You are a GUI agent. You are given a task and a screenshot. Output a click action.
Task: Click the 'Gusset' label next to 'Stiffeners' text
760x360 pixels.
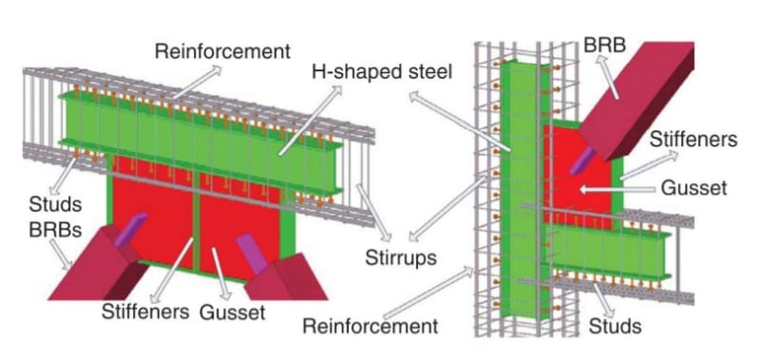[227, 312]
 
